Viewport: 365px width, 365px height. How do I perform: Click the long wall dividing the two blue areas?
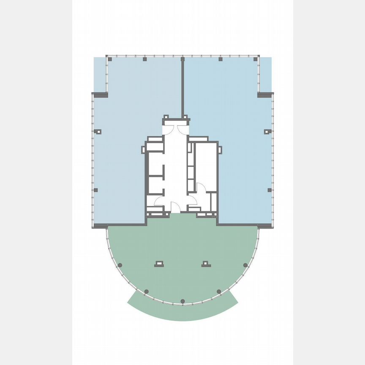coord(182,89)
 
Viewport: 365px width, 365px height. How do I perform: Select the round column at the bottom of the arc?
coord(182,301)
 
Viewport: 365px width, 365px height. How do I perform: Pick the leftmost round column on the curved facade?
coord(120,265)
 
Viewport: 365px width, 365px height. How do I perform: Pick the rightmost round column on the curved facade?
coord(245,265)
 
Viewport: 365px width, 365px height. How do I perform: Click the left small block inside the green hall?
coord(159,264)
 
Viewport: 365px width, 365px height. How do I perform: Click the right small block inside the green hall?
coord(206,264)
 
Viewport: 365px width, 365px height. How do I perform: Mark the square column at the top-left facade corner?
coord(110,59)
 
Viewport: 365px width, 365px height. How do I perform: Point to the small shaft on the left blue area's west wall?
coord(98,131)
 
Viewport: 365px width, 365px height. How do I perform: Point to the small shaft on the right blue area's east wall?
coord(267,131)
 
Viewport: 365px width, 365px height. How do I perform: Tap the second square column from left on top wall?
coord(144,59)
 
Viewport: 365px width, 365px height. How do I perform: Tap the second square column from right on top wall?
coord(220,59)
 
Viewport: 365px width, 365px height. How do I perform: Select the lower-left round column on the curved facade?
coord(146,291)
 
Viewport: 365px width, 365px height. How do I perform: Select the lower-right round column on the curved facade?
coord(219,291)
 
